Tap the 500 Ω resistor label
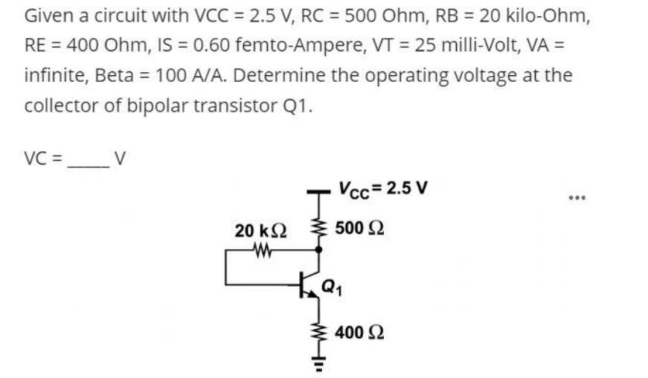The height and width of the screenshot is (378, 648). click(x=359, y=227)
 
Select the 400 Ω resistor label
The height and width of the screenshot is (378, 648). click(x=359, y=332)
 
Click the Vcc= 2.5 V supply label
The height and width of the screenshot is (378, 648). click(x=382, y=188)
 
